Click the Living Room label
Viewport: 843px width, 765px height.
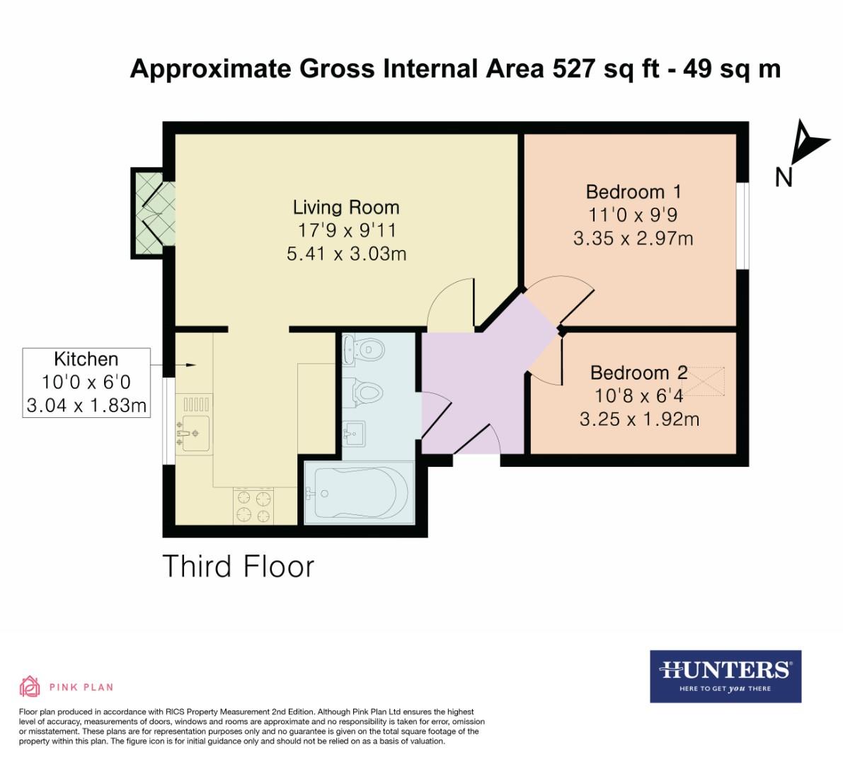point(346,208)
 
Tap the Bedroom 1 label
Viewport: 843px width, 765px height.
point(633,192)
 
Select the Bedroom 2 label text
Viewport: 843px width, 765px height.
point(638,373)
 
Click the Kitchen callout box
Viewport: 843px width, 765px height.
point(86,382)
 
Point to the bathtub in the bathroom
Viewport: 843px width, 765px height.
point(359,493)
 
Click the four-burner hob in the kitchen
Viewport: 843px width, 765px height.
point(254,506)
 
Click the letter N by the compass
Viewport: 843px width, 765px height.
point(784,177)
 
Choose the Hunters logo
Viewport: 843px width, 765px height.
point(726,676)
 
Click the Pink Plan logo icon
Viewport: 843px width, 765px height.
point(30,686)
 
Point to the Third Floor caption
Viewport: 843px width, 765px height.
point(238,567)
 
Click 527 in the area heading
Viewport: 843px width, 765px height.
point(570,69)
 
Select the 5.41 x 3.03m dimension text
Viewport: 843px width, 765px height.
point(346,254)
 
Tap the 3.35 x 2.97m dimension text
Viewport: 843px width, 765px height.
point(633,238)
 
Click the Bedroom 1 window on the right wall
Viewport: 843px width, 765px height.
point(742,226)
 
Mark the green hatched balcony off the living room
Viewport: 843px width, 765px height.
point(148,212)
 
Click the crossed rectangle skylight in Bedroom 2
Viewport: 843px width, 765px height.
point(705,382)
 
